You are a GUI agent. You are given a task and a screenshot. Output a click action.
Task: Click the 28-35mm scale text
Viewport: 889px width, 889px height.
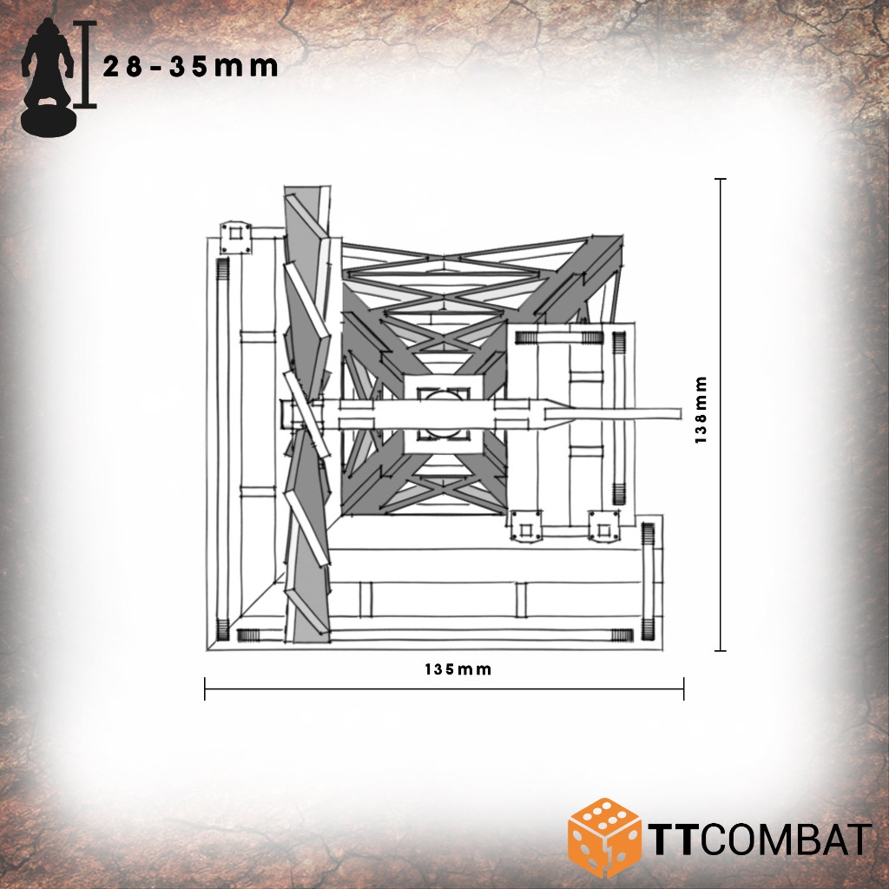pos(190,67)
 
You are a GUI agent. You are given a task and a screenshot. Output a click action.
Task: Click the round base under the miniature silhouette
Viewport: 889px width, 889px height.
pos(49,121)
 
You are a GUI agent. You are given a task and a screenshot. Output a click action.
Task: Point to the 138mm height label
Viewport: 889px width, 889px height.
pos(701,410)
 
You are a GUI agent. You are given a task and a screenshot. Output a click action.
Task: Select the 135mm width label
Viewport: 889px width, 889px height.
pos(458,669)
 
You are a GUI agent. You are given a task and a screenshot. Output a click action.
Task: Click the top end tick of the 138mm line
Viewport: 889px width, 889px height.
pos(720,179)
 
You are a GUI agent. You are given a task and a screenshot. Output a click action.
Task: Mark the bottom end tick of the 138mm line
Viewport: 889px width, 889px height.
pos(720,650)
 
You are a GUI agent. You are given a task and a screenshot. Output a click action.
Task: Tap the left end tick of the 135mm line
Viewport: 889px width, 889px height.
pos(205,688)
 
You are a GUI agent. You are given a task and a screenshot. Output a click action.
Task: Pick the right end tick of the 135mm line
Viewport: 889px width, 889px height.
pos(684,688)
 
